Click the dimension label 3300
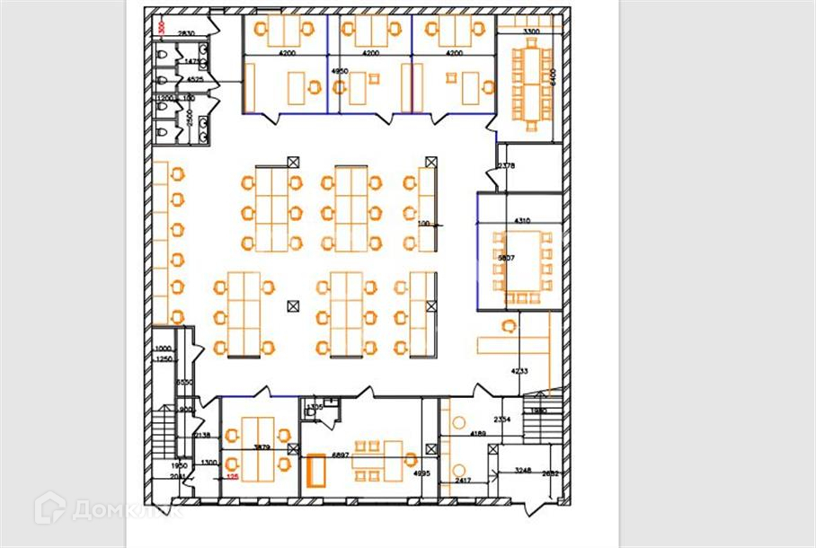[532, 32]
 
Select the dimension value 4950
[339, 70]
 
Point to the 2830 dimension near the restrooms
[186, 34]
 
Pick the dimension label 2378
[506, 166]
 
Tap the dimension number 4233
[519, 371]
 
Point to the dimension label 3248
[524, 470]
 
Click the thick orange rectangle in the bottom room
[317, 470]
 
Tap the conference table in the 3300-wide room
[529, 82]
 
